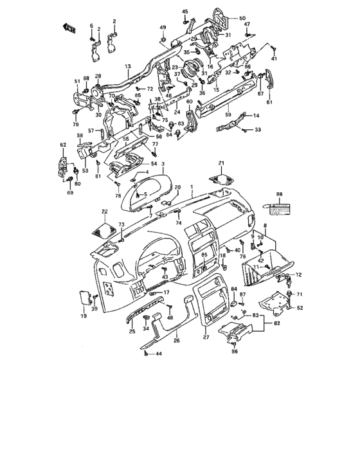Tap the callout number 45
pos(184,12)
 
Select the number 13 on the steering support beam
pos(127,66)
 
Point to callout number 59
pos(227,115)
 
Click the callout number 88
pos(279,194)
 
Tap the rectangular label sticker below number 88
pos(279,208)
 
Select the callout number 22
pos(104,212)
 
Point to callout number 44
pos(159,354)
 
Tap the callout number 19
pos(84,316)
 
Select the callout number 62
pos(63,145)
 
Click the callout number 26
pos(177,340)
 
